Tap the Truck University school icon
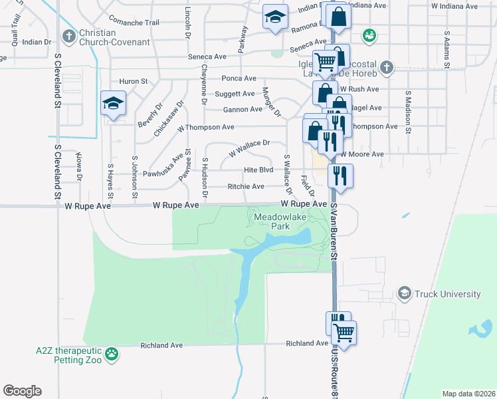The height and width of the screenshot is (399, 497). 404,293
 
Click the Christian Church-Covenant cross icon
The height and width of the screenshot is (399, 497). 69,35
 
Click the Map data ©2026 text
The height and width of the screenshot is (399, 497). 468,394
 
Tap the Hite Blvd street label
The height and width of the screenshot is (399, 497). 258,170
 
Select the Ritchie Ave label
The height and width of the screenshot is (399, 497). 246,187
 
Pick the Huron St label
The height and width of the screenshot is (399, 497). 133,82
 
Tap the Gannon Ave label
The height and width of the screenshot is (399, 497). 243,110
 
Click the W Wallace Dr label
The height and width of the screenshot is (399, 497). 249,147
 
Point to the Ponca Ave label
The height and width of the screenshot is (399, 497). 240,78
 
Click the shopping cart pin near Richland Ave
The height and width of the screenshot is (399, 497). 344,332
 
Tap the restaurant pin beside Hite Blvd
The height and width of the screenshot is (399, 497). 340,176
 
